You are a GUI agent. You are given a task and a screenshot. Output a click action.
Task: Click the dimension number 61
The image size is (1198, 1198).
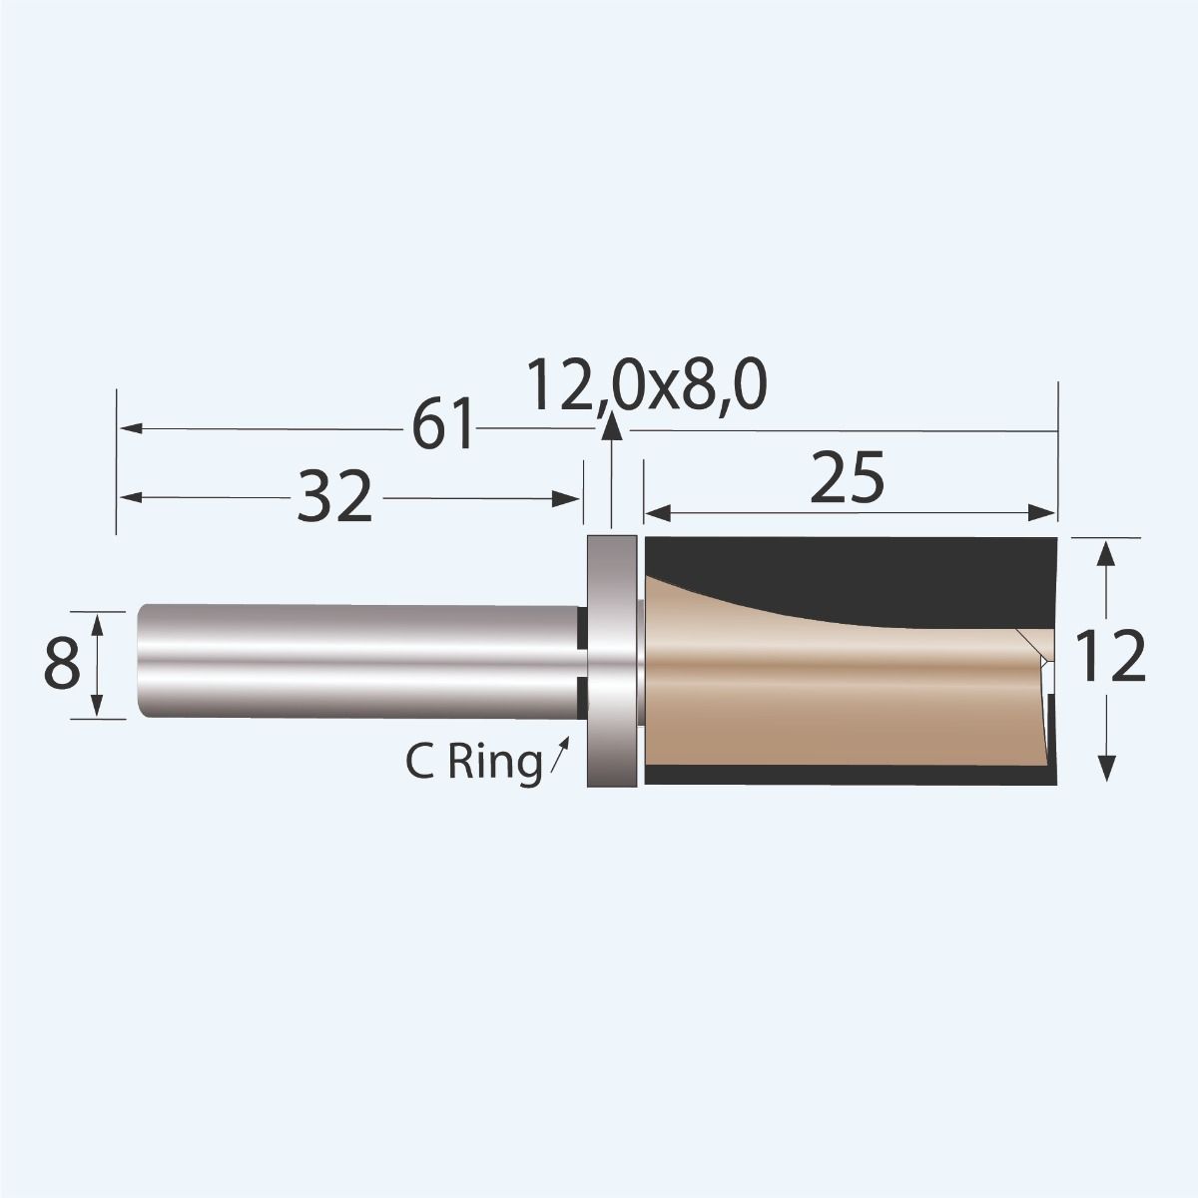tap(443, 428)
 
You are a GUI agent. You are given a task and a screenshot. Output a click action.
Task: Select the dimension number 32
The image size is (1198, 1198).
tap(334, 497)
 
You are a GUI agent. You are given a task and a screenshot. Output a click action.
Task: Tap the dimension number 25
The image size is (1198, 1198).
tap(848, 480)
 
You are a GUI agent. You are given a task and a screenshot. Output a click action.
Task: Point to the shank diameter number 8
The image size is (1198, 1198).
tap(62, 665)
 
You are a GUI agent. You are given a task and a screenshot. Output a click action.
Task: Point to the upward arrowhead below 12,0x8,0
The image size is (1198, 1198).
tap(611, 426)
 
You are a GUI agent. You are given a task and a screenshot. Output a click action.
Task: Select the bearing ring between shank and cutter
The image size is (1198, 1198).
tap(611, 661)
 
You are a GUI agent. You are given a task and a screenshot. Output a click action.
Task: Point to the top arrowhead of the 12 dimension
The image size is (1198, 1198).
tap(1105, 549)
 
